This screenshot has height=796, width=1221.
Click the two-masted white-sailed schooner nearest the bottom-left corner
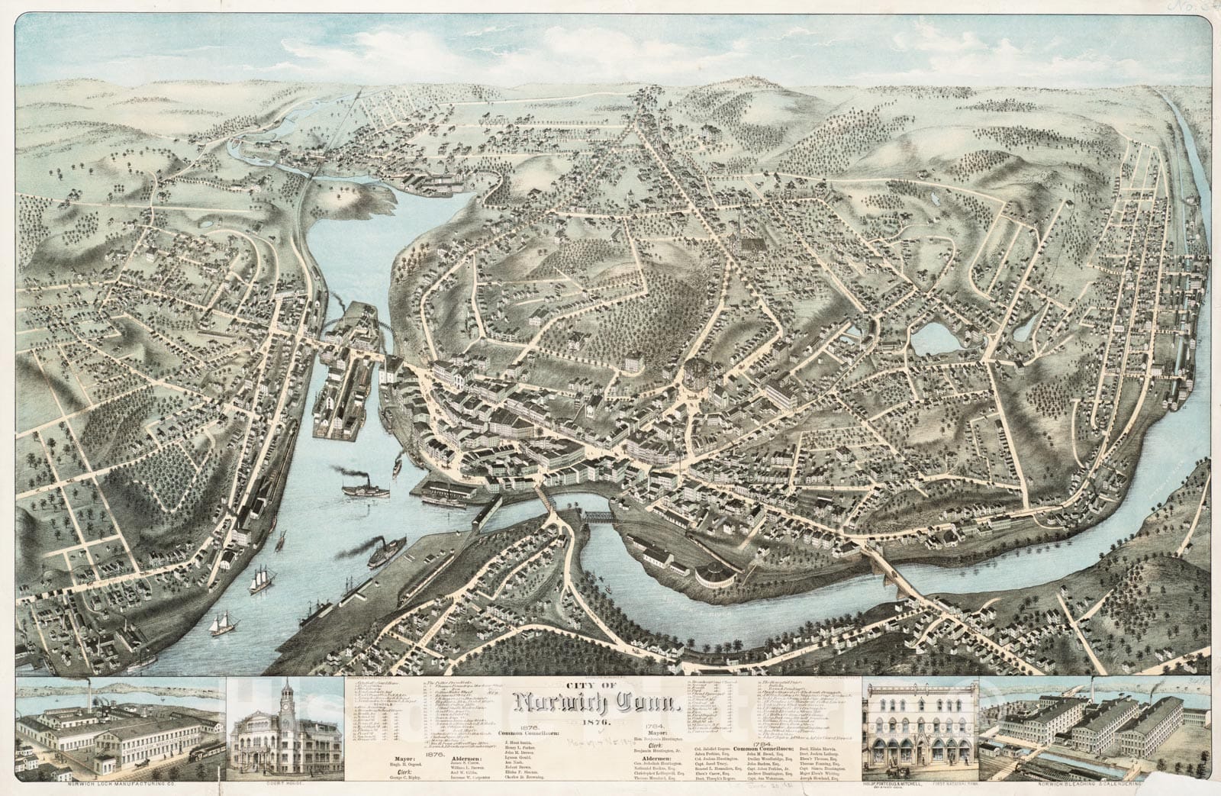click(x=223, y=624)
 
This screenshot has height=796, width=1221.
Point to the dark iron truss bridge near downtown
click(x=598, y=517)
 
